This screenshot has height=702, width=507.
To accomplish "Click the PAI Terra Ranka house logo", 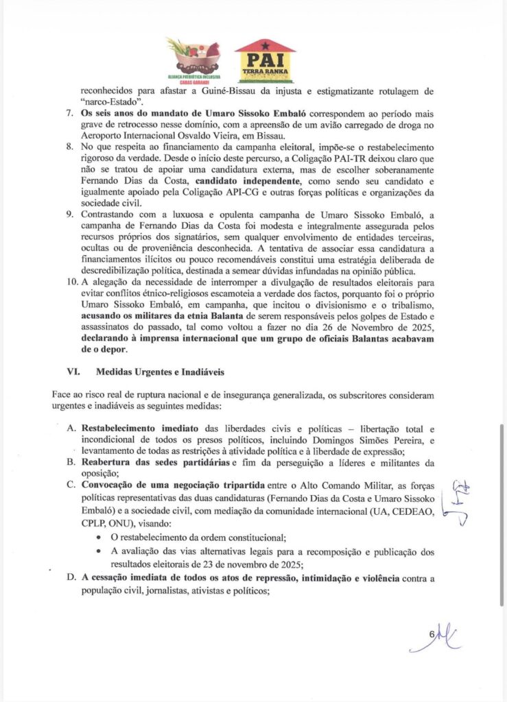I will [265, 61].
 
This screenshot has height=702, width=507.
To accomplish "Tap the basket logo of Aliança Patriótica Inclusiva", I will [193, 58].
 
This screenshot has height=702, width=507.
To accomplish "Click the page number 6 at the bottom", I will [432, 634].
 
